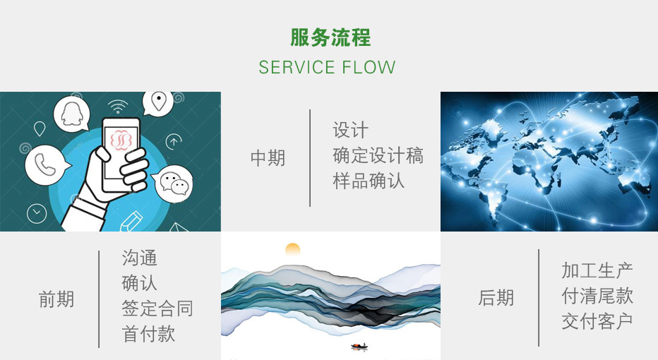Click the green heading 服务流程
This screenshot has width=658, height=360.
coord(330,37)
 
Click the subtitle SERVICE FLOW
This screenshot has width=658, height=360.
coord(327,68)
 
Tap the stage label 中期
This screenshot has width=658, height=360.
coord(268,158)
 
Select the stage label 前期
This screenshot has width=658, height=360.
coord(56,299)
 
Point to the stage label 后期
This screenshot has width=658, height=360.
coord(496,297)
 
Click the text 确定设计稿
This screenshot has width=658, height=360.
coord(378,155)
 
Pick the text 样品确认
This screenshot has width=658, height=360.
coord(369,181)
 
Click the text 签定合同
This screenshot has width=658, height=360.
coord(157,308)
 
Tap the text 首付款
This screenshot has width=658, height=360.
coord(148,334)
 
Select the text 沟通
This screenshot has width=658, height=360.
coord(139,258)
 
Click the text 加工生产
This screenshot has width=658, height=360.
coord(597,270)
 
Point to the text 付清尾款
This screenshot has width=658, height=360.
coord(597,296)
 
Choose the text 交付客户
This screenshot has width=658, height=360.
coord(597,321)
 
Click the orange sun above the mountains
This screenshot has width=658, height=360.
coord(292,248)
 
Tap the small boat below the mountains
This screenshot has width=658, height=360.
coord(359,346)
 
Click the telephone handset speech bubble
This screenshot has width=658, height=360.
coord(45,165)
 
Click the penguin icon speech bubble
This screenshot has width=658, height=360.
coord(72,114)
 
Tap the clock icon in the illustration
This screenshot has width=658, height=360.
coord(37,213)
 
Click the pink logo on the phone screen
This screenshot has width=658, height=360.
coord(121,140)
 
